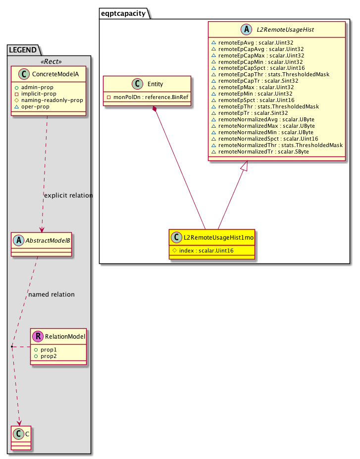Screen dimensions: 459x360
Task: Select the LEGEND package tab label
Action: coord(23,50)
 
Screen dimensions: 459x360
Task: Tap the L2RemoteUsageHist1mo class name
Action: coord(217,238)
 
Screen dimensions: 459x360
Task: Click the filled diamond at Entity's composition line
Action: coord(155,109)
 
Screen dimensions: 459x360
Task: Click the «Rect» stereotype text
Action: coord(49,62)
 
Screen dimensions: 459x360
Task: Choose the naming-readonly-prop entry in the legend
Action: coord(51,100)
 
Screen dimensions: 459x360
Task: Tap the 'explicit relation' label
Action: coord(68,195)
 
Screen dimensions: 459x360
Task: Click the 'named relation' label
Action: coord(51,294)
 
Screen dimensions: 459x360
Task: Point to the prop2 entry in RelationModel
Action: coord(48,356)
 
